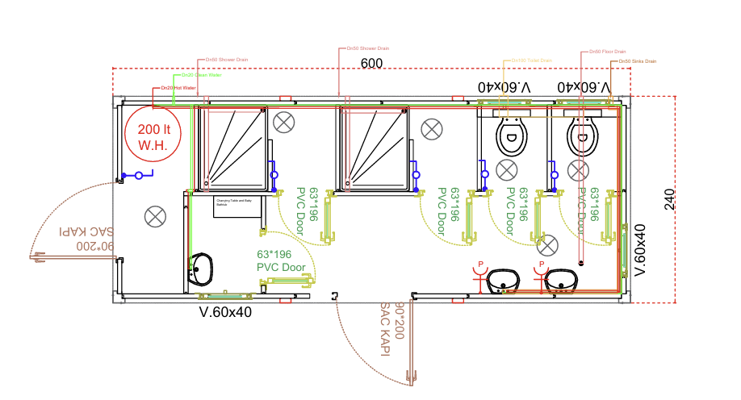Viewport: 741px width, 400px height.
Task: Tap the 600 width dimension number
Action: tap(371, 65)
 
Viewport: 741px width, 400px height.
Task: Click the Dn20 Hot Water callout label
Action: tap(178, 87)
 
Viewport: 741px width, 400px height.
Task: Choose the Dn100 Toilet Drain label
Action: tap(533, 60)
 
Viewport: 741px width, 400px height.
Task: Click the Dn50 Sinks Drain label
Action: tap(638, 61)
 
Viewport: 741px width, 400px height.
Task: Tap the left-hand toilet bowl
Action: tap(511, 137)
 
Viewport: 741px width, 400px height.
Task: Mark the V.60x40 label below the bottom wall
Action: tap(226, 311)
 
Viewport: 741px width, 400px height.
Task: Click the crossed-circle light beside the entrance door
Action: tap(155, 215)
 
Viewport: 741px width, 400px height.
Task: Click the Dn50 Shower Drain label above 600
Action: tap(368, 48)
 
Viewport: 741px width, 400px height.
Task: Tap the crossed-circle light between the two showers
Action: tap(283, 123)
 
